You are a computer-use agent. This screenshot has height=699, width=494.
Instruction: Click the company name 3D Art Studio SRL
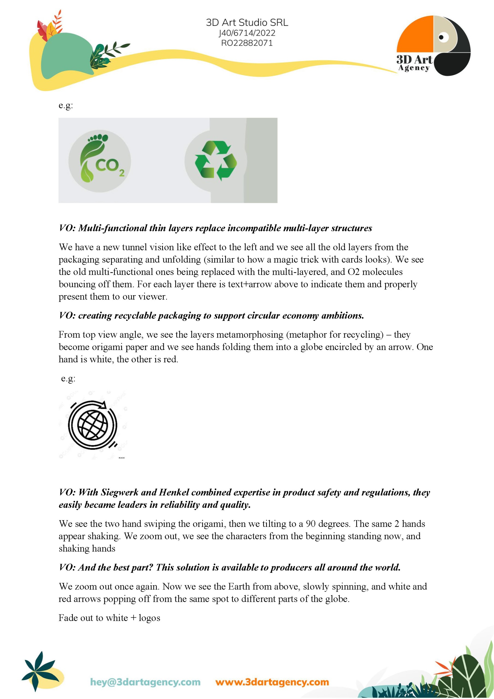tap(247, 23)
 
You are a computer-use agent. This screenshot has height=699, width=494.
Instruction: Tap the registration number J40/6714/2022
tap(247, 33)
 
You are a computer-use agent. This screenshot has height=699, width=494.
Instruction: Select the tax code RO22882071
tap(247, 43)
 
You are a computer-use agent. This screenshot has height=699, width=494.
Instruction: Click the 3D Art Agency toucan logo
tap(433, 46)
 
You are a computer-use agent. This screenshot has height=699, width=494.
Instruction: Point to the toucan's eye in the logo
tap(442, 37)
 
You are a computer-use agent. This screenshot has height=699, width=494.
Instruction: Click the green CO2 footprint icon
tap(100, 161)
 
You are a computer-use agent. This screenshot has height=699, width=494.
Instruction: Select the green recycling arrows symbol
tap(216, 161)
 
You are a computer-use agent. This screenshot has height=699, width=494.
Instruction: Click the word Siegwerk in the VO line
tap(120, 492)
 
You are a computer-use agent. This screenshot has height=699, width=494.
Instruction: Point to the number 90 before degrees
tap(311, 524)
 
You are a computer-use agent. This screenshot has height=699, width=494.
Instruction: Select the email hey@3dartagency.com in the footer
tap(145, 682)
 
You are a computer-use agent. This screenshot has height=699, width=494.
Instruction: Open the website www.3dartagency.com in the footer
tap(272, 682)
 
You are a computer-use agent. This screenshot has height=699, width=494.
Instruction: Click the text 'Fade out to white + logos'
tap(109, 618)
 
